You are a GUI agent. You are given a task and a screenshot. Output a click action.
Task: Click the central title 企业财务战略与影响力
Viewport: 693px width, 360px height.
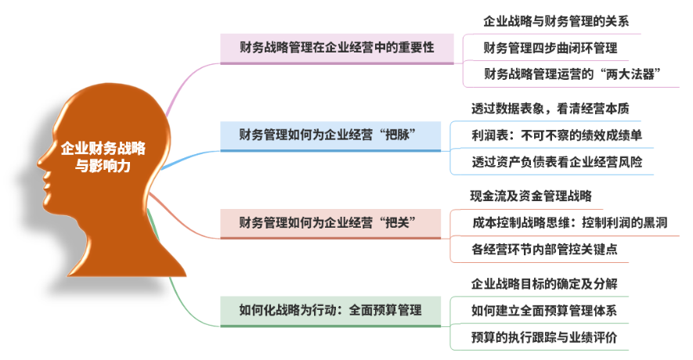(103, 157)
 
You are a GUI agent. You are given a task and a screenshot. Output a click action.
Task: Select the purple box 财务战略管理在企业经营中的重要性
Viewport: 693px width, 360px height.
(337, 49)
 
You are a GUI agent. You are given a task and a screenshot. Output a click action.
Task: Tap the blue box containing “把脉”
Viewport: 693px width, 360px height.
(330, 136)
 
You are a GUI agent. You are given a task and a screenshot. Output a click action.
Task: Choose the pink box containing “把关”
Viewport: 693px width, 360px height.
(330, 224)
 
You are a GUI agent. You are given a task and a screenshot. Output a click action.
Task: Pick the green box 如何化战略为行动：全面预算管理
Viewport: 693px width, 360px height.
(330, 311)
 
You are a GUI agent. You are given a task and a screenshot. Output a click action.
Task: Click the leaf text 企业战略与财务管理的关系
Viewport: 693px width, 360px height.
(555, 21)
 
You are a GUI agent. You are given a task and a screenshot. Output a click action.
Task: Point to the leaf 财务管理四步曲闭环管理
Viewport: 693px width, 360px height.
(550, 48)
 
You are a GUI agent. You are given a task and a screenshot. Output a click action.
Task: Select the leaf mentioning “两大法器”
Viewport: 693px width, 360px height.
(572, 74)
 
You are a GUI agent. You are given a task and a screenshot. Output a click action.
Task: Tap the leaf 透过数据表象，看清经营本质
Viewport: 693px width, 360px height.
(550, 109)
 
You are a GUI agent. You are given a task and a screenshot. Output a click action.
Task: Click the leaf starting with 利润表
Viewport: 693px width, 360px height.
(557, 135)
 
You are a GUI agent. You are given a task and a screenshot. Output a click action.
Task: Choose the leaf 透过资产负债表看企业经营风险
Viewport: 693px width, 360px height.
(557, 162)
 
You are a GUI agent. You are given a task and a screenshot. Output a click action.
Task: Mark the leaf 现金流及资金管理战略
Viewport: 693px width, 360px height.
(531, 196)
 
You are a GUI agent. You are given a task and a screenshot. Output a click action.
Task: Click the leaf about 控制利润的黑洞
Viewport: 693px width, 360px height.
(569, 222)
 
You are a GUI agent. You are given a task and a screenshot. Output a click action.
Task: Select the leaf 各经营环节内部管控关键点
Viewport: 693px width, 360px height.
(544, 249)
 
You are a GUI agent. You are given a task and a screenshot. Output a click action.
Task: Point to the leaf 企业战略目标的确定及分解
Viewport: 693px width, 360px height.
(544, 283)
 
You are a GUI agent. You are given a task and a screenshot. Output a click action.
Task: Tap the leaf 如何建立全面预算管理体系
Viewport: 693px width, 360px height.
(543, 311)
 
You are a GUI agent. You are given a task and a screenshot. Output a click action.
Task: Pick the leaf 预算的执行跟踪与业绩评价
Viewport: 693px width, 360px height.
(544, 337)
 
